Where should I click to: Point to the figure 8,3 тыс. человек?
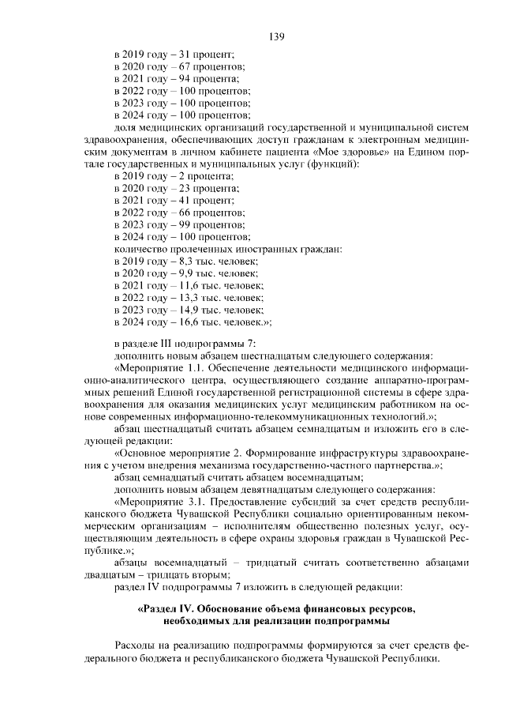[x=219, y=262]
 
